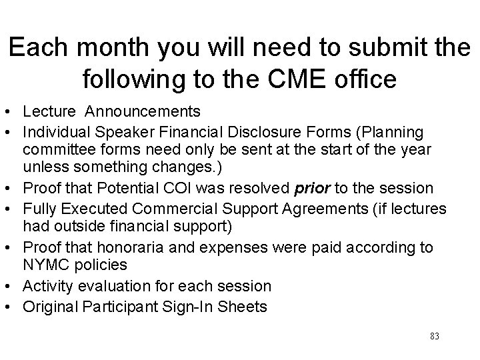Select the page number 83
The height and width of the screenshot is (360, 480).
435,336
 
